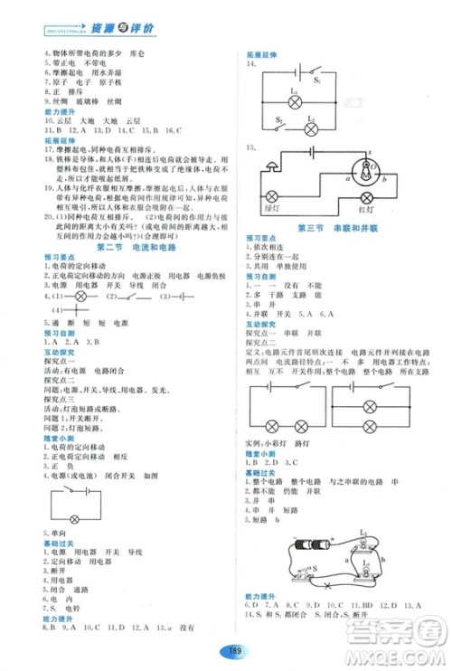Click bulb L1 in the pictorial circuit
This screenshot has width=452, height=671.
(363, 543)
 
